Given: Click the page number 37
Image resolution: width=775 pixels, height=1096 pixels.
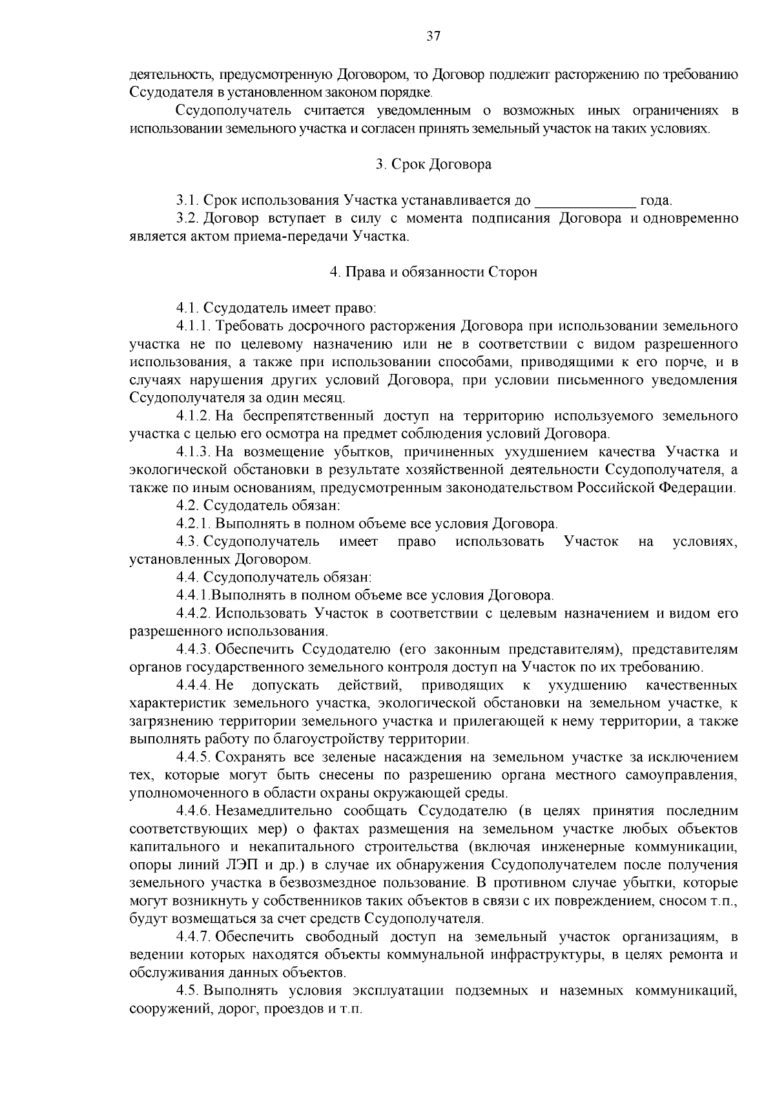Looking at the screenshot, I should point(433,37).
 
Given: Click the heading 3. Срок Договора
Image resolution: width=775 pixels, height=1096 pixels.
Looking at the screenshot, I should point(433,165).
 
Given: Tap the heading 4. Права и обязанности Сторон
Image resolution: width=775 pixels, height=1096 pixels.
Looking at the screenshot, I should point(433,272).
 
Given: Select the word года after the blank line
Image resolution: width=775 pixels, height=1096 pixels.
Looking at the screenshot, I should point(655,200).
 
